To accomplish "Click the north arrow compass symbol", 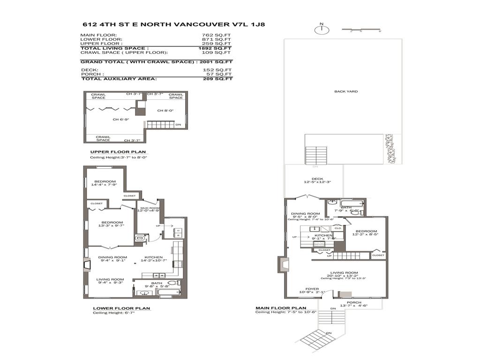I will [322, 30].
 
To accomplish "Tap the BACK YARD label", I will [346, 91].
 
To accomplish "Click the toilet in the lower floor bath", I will [172, 283].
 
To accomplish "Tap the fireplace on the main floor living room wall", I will [283, 264].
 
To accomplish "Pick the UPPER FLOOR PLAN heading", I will [118, 152].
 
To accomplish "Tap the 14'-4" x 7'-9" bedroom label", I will [105, 184].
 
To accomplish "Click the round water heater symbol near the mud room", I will [139, 239].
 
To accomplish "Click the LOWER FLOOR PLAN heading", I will [121, 308].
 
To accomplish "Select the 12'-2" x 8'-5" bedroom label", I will [366, 233].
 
